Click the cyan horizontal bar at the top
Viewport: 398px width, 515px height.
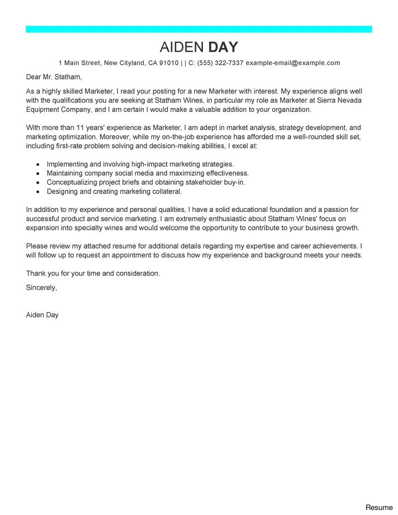[199, 29]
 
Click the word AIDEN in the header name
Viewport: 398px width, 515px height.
[181, 47]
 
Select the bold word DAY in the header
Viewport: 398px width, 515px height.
[223, 47]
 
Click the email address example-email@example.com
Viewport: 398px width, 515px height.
[293, 63]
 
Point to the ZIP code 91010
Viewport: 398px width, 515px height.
[169, 63]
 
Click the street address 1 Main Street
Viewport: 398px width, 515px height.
[80, 63]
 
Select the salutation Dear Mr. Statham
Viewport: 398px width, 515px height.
[54, 77]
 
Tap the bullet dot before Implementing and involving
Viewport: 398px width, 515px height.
[38, 164]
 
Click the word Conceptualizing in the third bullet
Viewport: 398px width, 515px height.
[73, 182]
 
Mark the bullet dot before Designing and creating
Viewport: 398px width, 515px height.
[38, 192]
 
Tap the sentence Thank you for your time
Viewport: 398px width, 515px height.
[93, 273]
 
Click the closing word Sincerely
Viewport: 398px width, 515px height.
[41, 288]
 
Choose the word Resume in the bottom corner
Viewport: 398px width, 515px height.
[379, 508]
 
